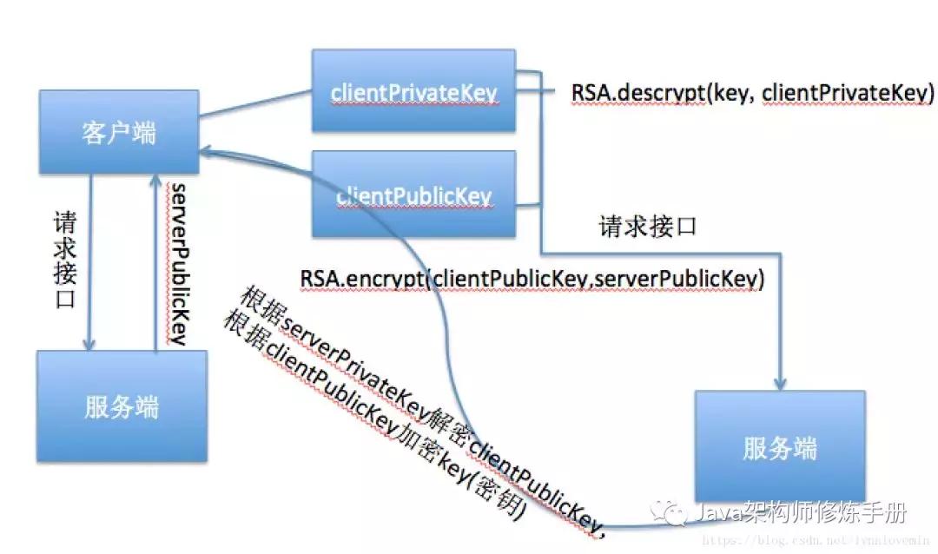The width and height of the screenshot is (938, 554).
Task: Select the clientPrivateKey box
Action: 414,91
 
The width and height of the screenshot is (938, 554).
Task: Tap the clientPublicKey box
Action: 414,195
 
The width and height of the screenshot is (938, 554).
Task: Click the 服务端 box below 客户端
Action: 122,406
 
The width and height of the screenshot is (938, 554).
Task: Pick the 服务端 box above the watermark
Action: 780,448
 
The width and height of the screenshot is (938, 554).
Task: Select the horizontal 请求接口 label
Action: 648,228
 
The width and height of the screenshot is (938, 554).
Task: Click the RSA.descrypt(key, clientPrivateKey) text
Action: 752,93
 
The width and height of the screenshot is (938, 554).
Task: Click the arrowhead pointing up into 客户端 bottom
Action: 156,180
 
